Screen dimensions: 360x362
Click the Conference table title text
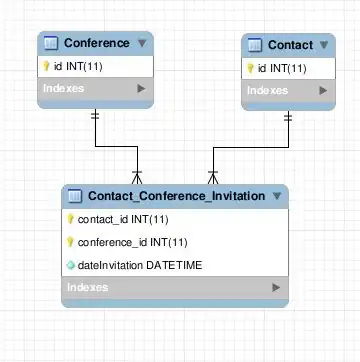coord(97,43)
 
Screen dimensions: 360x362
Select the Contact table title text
coord(290,45)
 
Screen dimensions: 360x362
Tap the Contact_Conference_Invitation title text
coord(177,196)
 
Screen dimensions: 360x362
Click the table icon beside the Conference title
coord(51,43)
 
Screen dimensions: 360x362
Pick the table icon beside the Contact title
coord(255,45)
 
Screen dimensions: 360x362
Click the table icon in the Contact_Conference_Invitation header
coord(75,196)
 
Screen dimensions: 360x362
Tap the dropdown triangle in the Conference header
coord(142,43)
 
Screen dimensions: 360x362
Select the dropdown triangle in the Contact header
coord(324,45)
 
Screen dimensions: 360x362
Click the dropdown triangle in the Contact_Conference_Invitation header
coord(277,196)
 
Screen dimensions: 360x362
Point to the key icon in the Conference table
coord(46,66)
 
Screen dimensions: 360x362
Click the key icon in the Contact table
coord(250,68)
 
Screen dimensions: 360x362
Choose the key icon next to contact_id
coord(70,219)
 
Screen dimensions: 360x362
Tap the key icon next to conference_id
coord(70,242)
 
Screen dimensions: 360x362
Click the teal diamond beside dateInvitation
coord(71,265)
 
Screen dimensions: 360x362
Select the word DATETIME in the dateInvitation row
coord(174,265)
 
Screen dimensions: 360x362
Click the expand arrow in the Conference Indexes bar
coord(141,88)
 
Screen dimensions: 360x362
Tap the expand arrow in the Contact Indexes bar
coord(323,90)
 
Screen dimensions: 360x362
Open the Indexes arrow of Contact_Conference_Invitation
coord(276,287)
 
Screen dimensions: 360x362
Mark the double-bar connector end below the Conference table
coord(95,115)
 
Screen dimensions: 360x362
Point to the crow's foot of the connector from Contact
coord(213,177)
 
